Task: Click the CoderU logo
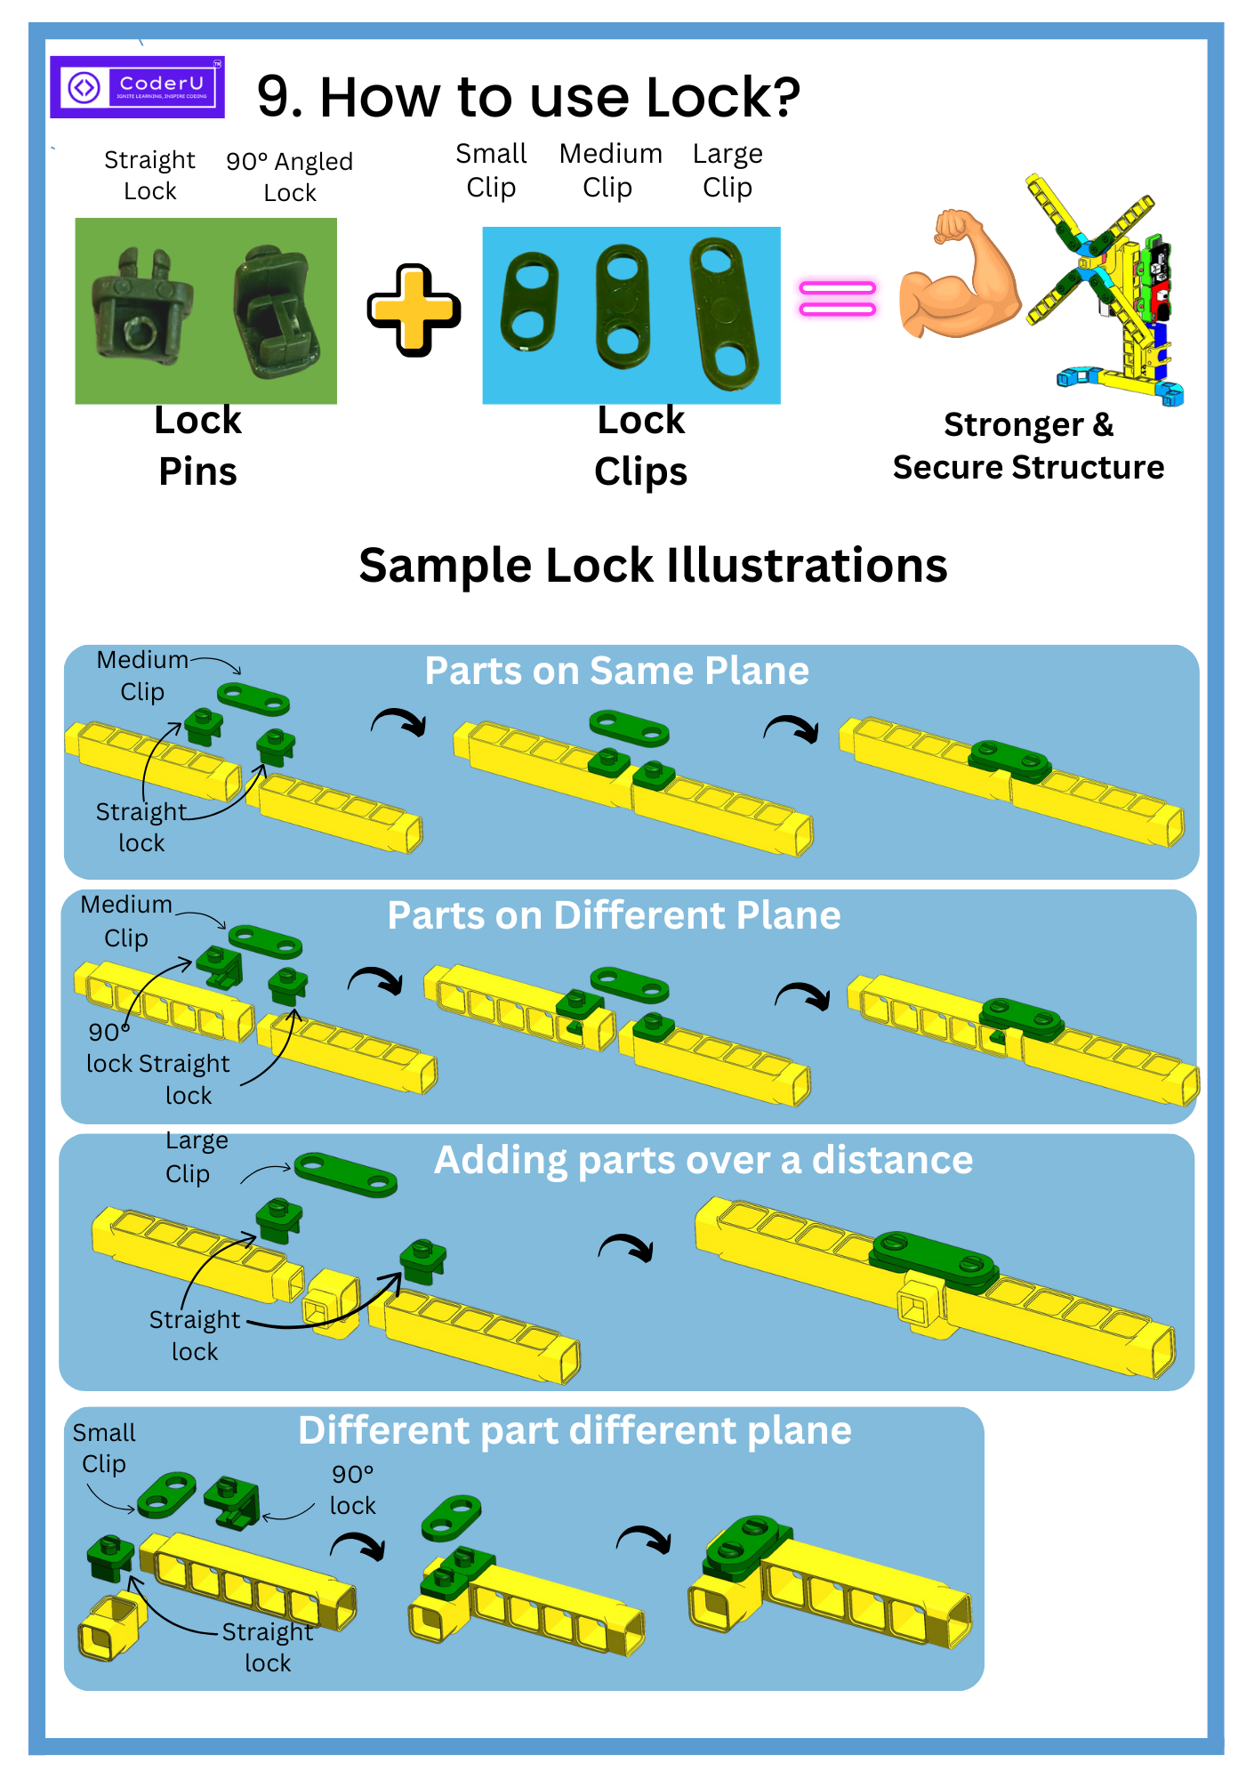tap(137, 87)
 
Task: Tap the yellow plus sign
tap(414, 310)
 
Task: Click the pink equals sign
tap(837, 298)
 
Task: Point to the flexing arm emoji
tap(958, 278)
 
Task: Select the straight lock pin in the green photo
tap(141, 308)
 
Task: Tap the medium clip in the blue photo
tap(623, 307)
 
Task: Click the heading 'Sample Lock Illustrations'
tap(653, 566)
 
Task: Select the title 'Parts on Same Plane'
tap(616, 671)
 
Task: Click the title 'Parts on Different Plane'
tap(614, 915)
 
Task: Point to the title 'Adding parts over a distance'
tap(703, 1160)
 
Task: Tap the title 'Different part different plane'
tap(575, 1430)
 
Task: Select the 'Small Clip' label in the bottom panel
tap(104, 1448)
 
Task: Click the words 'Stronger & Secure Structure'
tap(1028, 446)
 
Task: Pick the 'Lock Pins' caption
tap(197, 446)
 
